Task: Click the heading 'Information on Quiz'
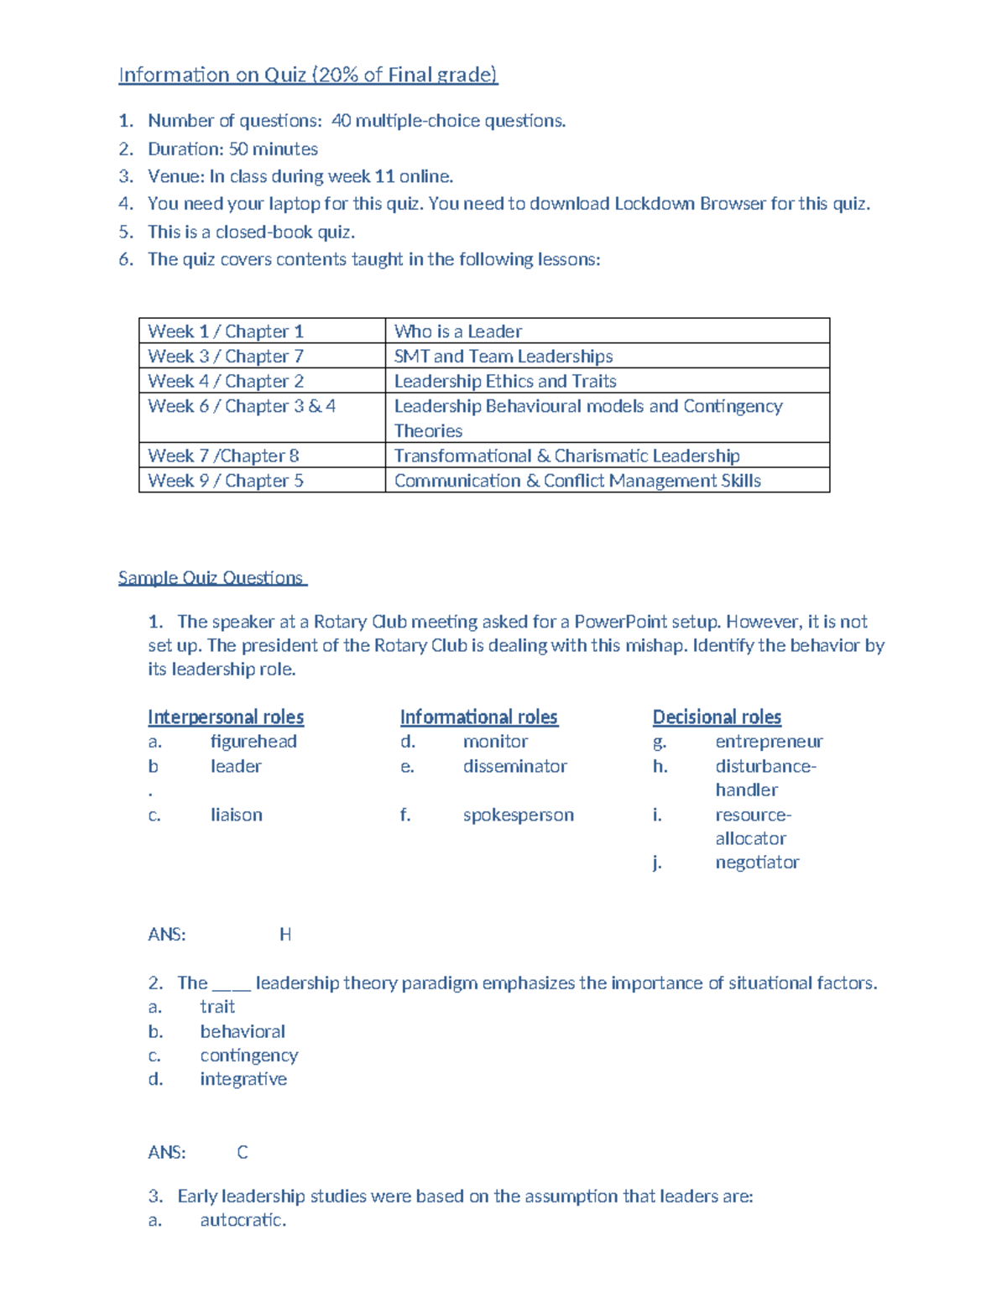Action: pyautogui.click(x=307, y=75)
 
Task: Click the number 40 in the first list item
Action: pyautogui.click(x=341, y=121)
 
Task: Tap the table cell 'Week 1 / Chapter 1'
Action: pyautogui.click(x=226, y=331)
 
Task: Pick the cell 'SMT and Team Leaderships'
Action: pyautogui.click(x=503, y=357)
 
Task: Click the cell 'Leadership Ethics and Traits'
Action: pyautogui.click(x=505, y=382)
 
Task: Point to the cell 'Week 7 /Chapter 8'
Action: pyautogui.click(x=223, y=456)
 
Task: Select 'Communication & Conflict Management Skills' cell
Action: pyautogui.click(x=577, y=481)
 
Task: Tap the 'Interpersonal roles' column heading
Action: pyautogui.click(x=226, y=717)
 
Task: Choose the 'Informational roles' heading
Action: pyautogui.click(x=478, y=717)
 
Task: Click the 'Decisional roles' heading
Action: pyautogui.click(x=717, y=717)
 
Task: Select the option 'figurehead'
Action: pyautogui.click(x=253, y=742)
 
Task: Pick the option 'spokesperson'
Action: pyautogui.click(x=518, y=816)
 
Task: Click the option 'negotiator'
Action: pyautogui.click(x=757, y=863)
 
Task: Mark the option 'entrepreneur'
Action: pyautogui.click(x=769, y=742)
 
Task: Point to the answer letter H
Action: pyautogui.click(x=285, y=935)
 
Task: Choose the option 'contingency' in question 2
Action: pyautogui.click(x=248, y=1055)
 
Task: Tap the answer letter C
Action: pyautogui.click(x=243, y=1153)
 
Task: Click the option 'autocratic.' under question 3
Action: pyautogui.click(x=243, y=1220)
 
